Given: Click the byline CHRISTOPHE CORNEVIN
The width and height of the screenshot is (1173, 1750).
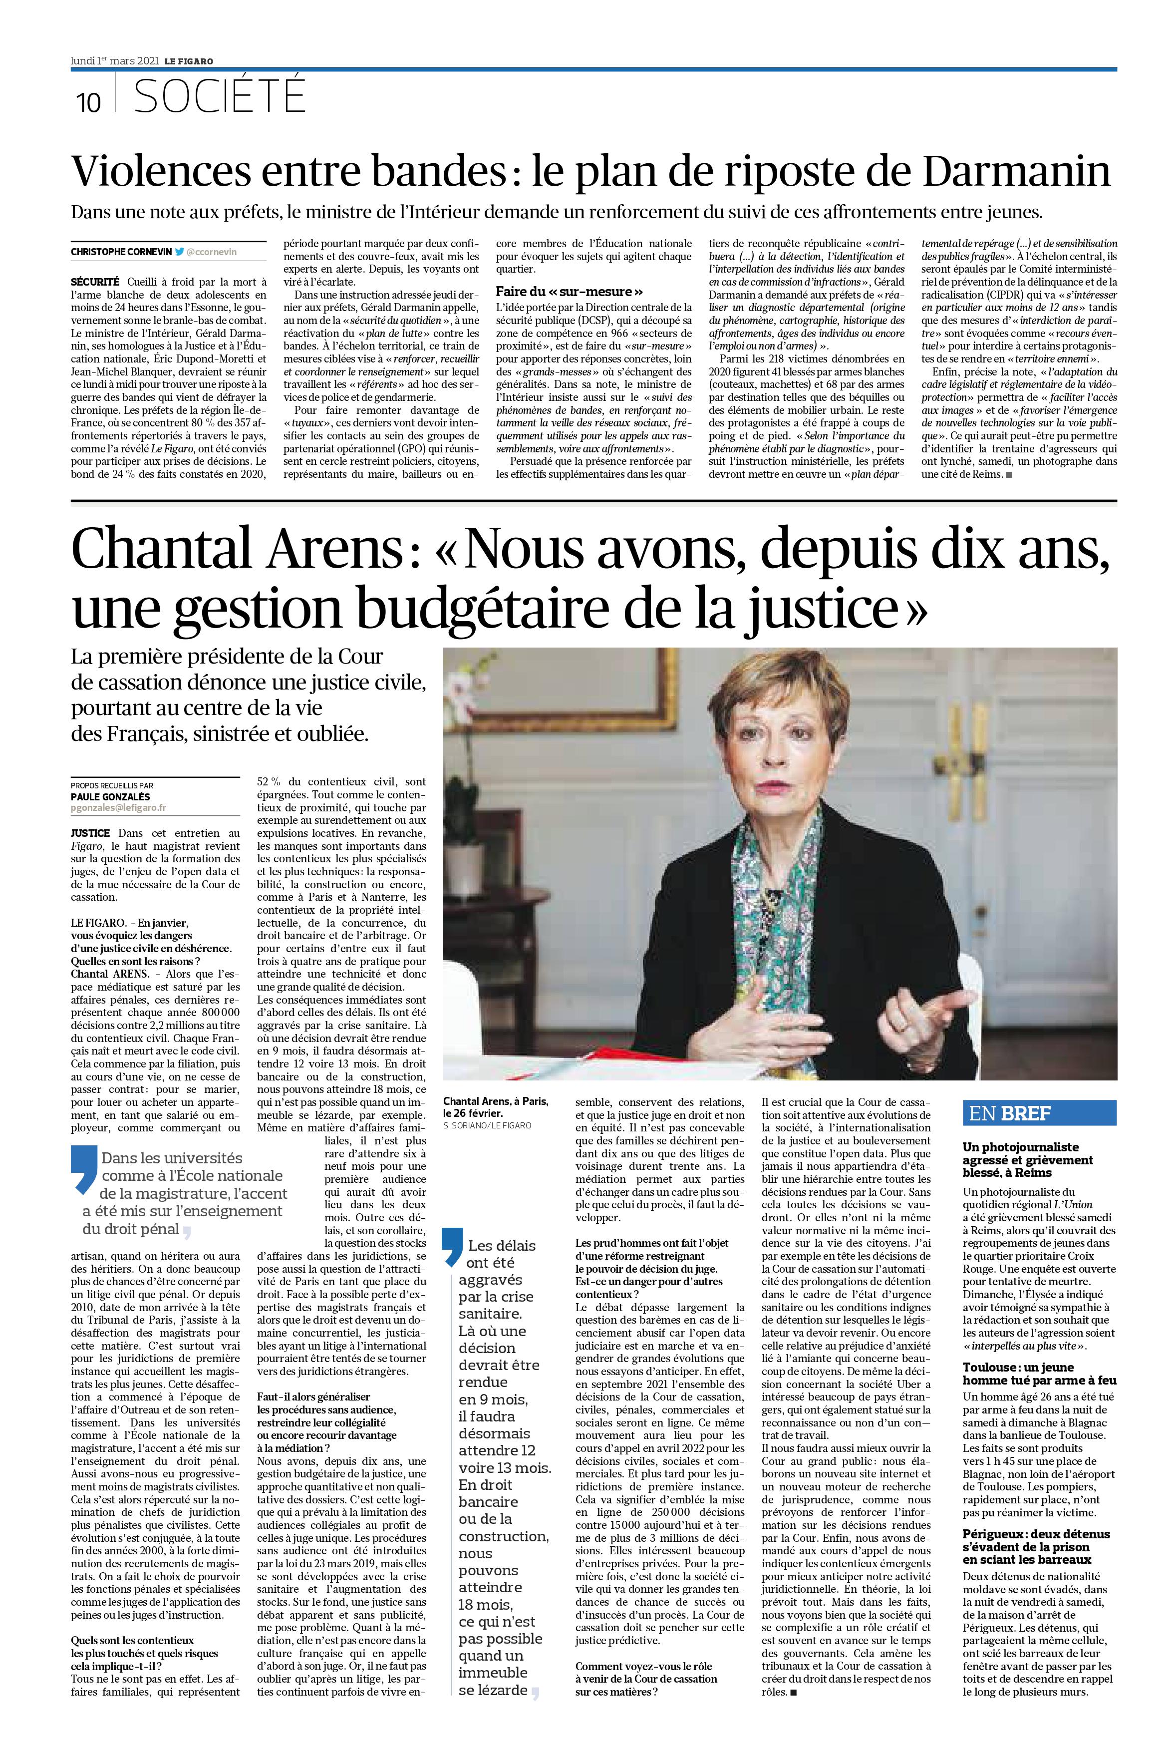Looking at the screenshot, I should (121, 252).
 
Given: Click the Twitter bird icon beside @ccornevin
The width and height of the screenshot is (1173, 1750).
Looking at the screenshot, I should (180, 252).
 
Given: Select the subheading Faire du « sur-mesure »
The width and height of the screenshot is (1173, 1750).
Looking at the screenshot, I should (570, 291).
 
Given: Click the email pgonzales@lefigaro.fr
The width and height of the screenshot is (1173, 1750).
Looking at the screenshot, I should (119, 808).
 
